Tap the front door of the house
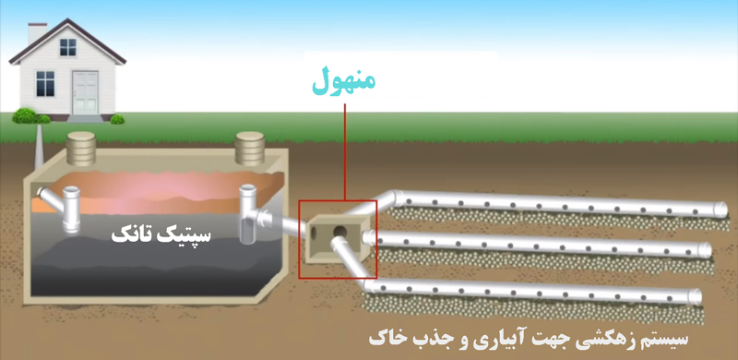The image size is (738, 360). click(88, 88)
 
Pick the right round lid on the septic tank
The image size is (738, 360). click(250, 143)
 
